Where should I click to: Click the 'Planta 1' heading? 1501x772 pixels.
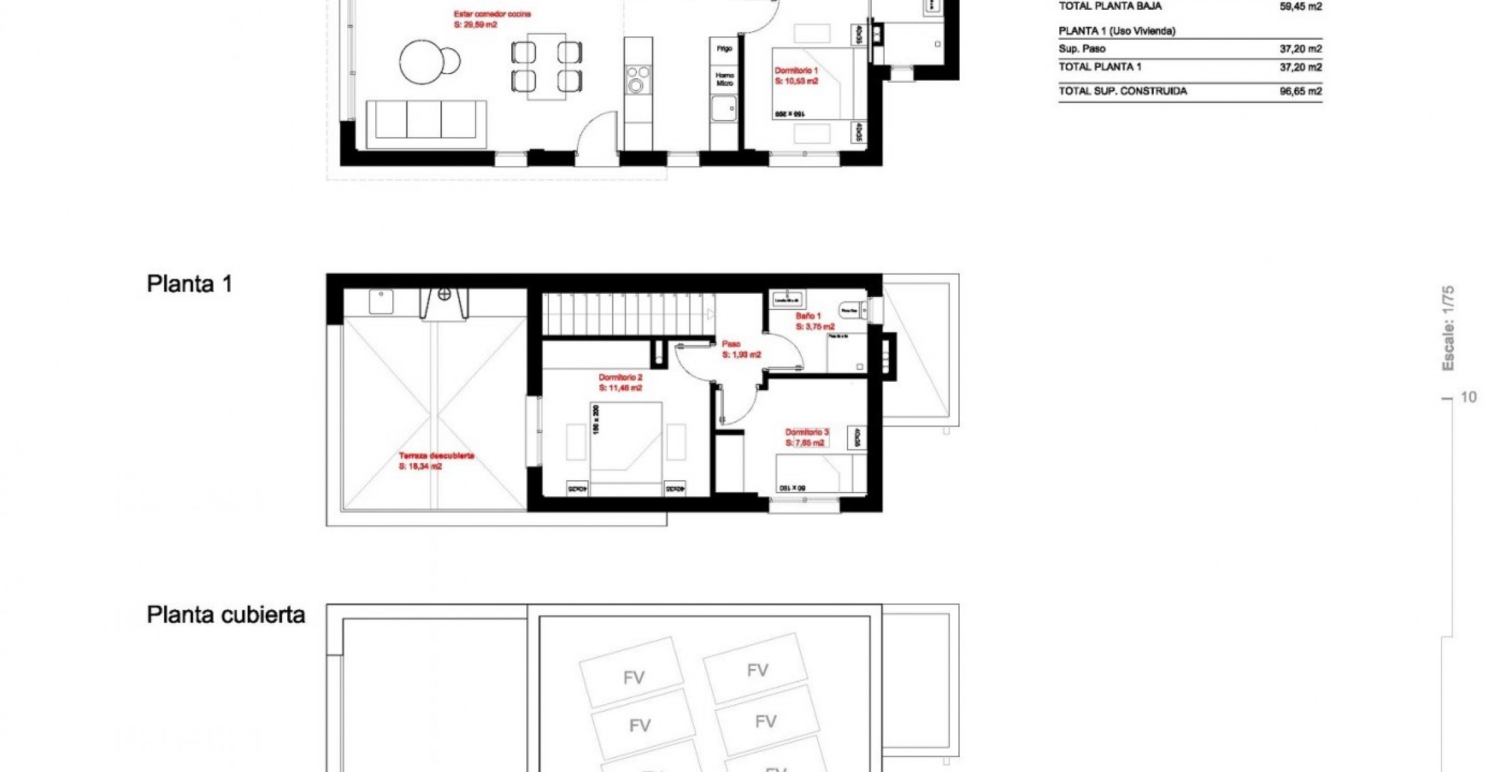189,284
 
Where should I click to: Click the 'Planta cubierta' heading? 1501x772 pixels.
225,614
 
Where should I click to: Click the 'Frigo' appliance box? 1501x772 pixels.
724,49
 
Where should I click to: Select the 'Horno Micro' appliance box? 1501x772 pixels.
724,79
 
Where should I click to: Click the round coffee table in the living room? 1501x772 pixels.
422,63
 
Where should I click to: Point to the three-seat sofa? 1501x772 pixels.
425,121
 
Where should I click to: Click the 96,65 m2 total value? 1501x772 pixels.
1300,91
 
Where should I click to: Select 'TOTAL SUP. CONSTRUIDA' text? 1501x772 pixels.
1122,91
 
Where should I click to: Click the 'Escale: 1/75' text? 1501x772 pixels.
1448,328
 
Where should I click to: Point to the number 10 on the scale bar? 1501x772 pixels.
1468,397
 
